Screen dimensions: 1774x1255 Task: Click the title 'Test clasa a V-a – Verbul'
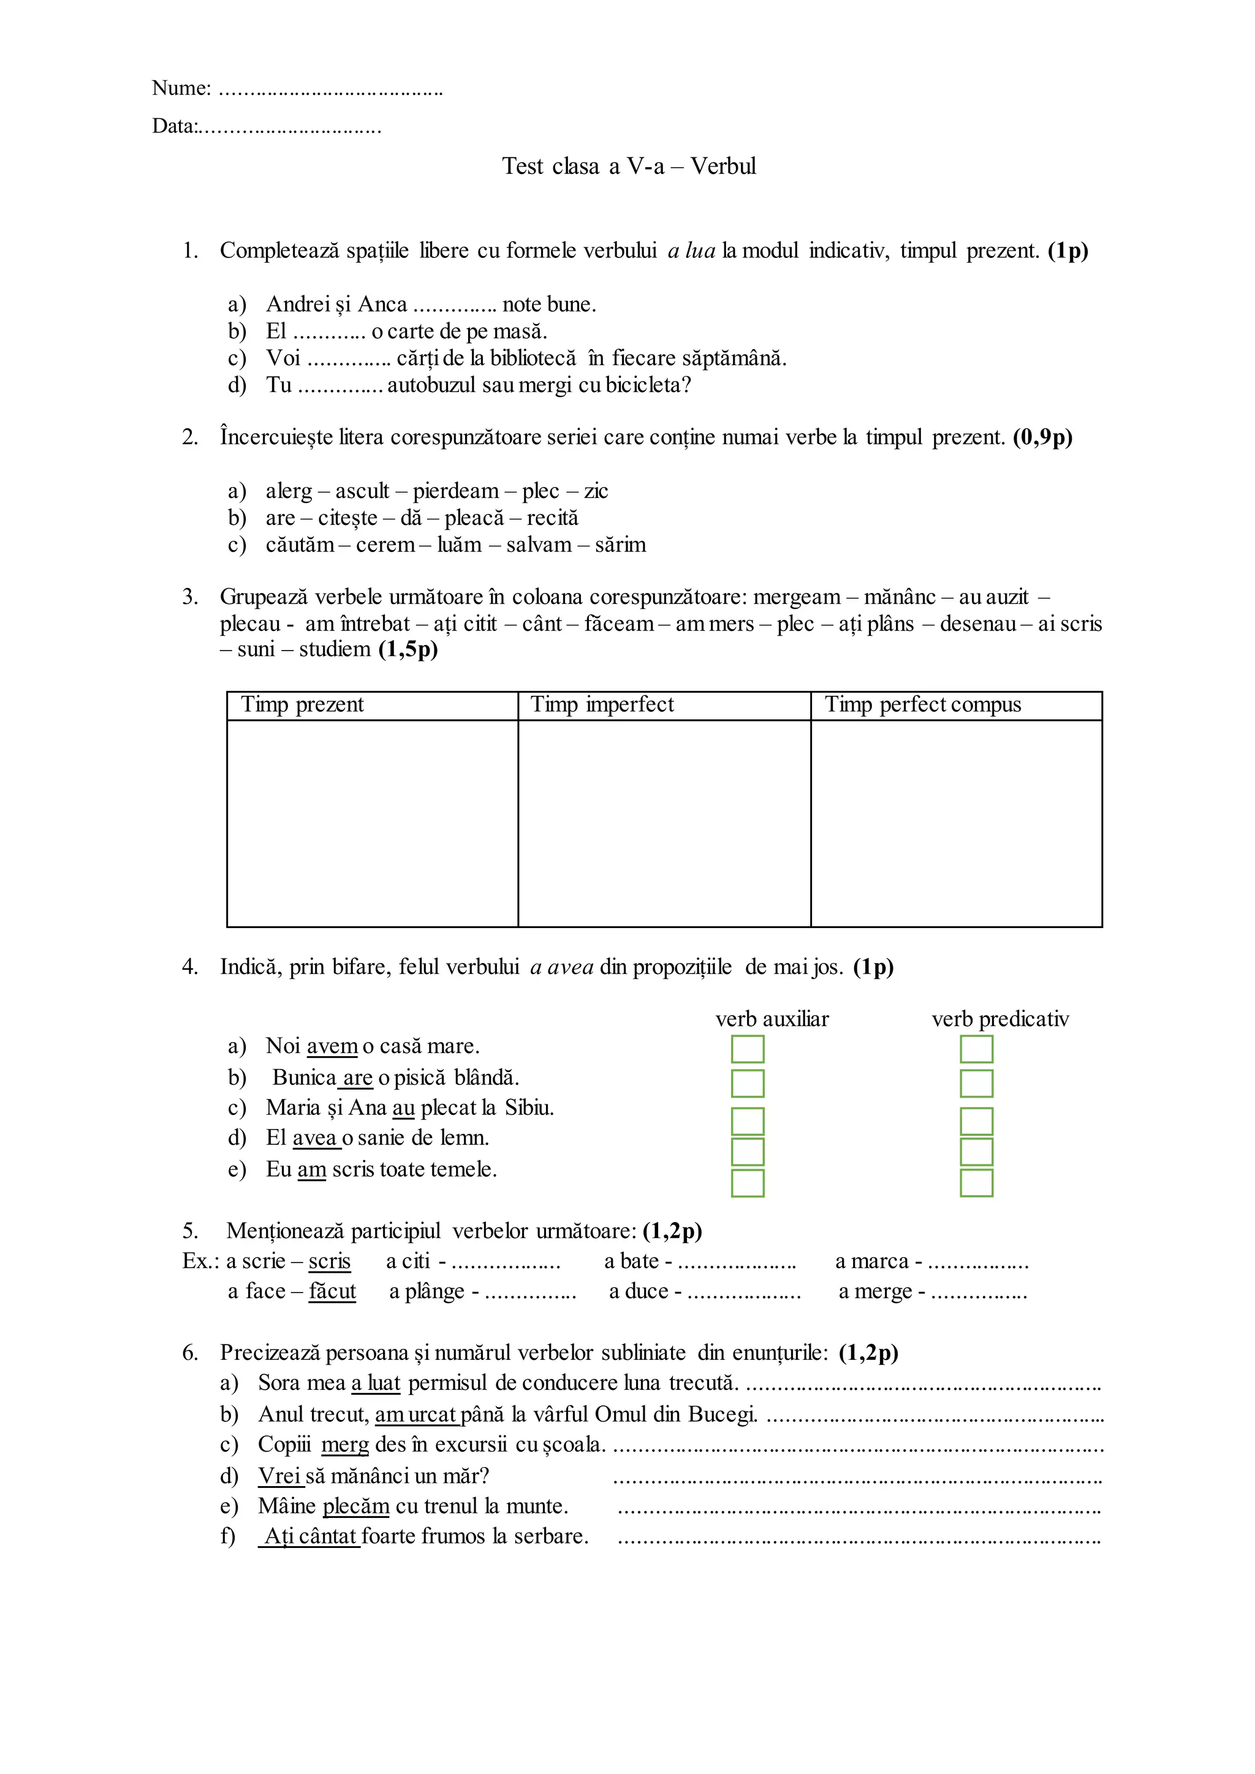[x=628, y=166]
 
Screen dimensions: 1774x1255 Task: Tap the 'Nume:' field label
[x=181, y=88]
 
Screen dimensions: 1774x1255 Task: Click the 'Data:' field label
[x=175, y=126]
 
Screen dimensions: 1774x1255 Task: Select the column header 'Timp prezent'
[x=302, y=704]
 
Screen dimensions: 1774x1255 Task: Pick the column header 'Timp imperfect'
[x=602, y=704]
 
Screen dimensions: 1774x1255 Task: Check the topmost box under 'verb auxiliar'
[x=747, y=1049]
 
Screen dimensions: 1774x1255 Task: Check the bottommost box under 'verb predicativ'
[x=976, y=1183]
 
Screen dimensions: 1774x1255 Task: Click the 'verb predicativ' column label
[x=1000, y=1019]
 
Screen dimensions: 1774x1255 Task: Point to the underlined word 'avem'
[x=332, y=1046]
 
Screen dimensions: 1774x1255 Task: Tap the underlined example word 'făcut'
[x=332, y=1291]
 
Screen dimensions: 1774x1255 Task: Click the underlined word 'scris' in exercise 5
[x=329, y=1261]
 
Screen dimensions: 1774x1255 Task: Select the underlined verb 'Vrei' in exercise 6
[x=279, y=1476]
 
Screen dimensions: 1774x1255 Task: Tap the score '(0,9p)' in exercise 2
[x=1042, y=437]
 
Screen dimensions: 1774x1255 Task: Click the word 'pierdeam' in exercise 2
[x=456, y=491]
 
